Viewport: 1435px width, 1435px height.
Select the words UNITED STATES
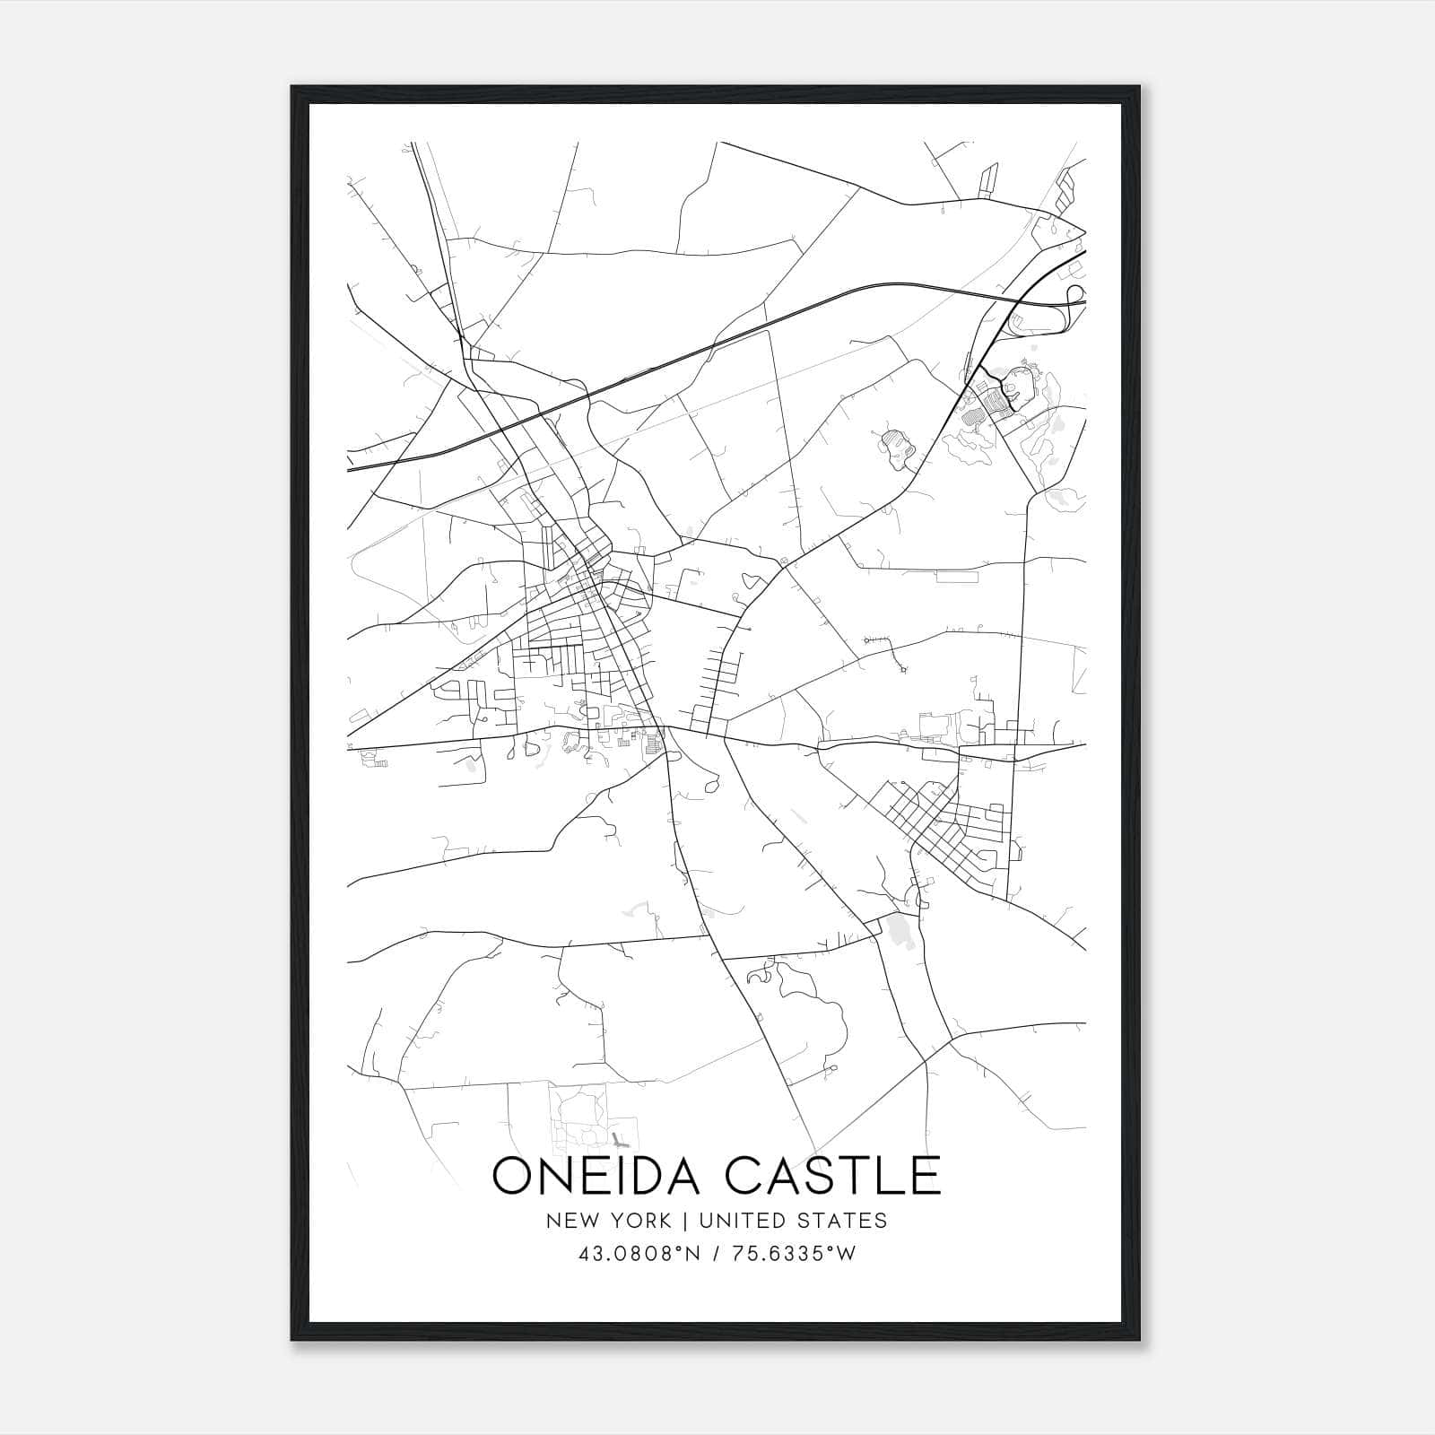coord(793,1221)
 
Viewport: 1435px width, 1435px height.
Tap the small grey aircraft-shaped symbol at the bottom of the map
coord(619,1142)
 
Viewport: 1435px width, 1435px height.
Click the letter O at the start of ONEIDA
coord(514,1176)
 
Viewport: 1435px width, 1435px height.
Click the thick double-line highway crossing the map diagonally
coord(682,359)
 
